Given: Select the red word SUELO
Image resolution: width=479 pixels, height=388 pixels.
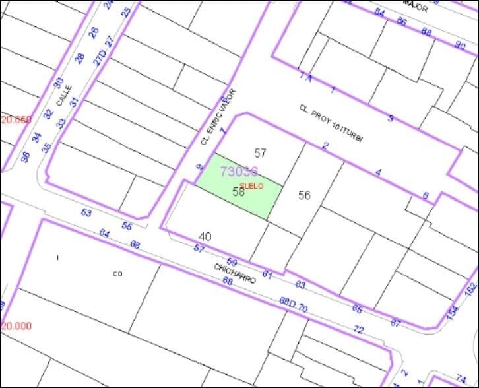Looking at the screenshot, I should pos(251,186).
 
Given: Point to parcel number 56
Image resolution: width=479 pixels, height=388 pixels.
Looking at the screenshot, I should pos(304,195).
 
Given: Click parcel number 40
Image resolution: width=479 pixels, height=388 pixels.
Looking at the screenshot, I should pos(205,236).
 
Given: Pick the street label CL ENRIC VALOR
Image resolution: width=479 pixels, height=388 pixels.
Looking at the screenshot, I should pos(218,117).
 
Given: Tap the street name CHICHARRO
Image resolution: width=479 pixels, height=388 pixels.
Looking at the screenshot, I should pos(234,273).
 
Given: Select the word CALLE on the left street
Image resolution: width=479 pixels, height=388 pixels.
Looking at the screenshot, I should pos(63,96).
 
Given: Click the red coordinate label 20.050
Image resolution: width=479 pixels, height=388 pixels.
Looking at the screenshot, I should pos(16,119).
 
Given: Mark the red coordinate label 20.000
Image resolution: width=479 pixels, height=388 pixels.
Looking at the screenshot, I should pos(16,326).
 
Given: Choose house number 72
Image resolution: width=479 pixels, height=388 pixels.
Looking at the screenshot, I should pos(359,329).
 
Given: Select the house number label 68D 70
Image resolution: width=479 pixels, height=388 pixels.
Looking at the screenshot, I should pos(294,304).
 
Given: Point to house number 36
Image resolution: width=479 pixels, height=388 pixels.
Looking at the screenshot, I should pos(25,157).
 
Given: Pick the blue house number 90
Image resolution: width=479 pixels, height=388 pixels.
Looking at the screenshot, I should pos(460,45).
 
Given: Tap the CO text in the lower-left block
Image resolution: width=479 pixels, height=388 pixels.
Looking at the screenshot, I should pos(117,273).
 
